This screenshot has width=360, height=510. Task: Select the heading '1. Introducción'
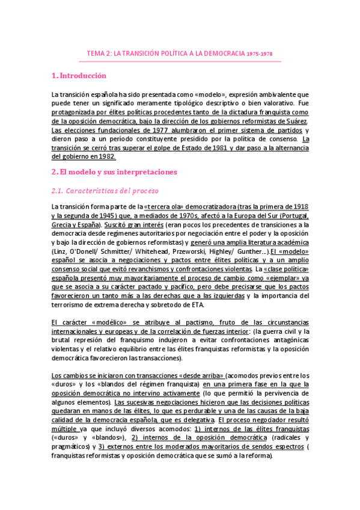click(79, 76)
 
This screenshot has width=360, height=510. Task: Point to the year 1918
click(300, 206)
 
